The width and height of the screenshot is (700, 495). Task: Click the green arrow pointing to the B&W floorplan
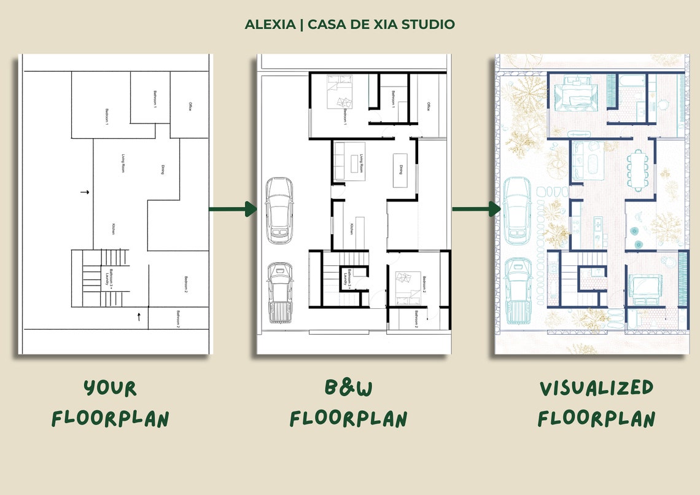233,209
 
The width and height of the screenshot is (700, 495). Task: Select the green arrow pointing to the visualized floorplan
476,209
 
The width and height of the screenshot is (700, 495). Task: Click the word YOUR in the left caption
111,389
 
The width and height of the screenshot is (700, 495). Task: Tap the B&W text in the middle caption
348,388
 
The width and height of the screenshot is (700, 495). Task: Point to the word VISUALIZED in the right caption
596,388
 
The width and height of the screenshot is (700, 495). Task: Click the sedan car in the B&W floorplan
278,209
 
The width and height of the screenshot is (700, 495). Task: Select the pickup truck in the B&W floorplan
280,292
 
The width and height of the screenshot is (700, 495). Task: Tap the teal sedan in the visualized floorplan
517,209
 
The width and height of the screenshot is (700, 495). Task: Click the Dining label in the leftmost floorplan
162,170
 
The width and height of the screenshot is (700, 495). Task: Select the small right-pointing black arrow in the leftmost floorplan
85,192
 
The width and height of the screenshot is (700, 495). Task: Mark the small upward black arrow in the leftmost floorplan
139,317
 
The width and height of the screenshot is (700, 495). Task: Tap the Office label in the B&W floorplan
428,106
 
